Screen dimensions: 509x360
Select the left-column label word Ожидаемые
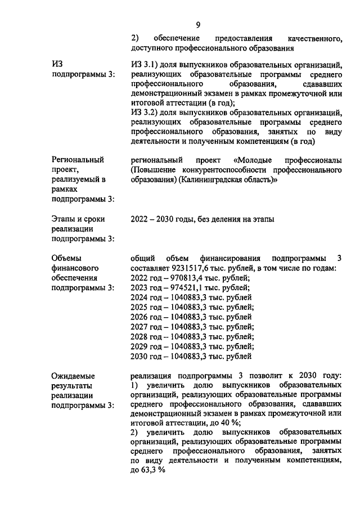click(73, 375)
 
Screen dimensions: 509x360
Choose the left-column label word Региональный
click(78, 160)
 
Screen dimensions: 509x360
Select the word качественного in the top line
click(315, 38)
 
